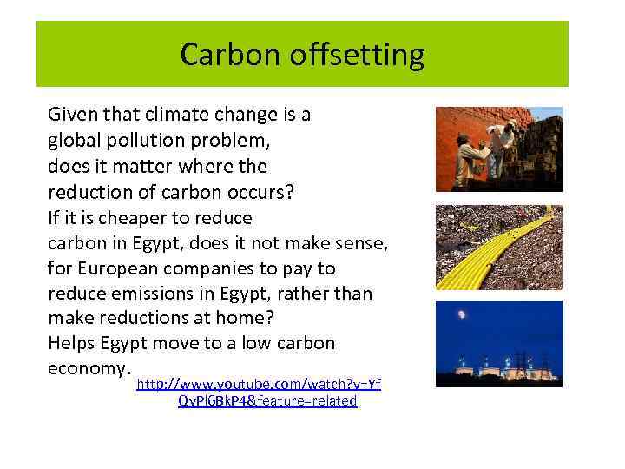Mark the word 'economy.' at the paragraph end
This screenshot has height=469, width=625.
pyautogui.click(x=85, y=367)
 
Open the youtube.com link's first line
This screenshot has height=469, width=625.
pyautogui.click(x=259, y=384)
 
